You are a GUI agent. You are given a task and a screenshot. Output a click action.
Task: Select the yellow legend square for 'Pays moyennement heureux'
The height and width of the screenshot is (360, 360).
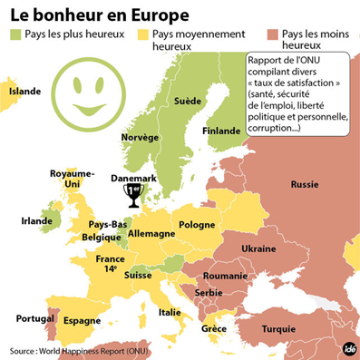tap(141, 34)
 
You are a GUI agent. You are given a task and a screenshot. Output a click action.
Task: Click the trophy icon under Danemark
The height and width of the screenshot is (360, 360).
tap(133, 195)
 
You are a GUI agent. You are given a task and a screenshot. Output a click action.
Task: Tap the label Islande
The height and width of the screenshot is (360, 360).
tap(25, 92)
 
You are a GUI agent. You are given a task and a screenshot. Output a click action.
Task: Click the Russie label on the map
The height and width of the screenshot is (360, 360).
tap(304, 184)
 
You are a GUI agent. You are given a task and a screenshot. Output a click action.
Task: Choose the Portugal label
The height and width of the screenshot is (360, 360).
tap(25, 317)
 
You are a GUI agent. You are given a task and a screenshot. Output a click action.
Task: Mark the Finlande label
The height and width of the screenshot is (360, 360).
tap(221, 131)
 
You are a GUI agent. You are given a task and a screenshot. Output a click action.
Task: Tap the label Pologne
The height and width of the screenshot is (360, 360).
tap(197, 224)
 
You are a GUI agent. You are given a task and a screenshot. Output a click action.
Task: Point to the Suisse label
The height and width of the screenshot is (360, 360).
tap(139, 274)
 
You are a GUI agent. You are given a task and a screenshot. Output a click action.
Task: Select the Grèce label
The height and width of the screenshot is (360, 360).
tap(214, 327)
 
